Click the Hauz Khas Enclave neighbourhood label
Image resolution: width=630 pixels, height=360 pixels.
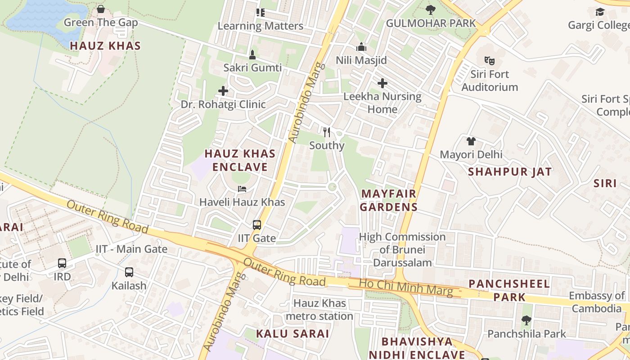(x=240, y=160)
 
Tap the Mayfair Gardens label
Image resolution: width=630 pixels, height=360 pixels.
(x=389, y=200)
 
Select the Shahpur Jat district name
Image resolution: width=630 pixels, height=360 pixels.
(x=509, y=171)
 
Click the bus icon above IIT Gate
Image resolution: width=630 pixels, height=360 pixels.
(x=257, y=225)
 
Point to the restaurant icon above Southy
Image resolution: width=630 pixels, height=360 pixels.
(x=327, y=132)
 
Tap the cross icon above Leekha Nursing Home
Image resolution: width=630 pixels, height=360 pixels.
(x=382, y=83)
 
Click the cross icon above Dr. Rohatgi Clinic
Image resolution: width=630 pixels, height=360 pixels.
(x=223, y=91)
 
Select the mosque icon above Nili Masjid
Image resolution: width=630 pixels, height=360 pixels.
(x=361, y=47)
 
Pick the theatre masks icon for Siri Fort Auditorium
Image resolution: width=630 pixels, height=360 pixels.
(x=489, y=60)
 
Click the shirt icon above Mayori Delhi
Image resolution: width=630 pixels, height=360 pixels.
(x=471, y=141)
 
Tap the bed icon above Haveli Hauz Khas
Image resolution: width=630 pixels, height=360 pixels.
(x=242, y=189)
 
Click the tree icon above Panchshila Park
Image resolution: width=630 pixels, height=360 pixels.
(x=526, y=320)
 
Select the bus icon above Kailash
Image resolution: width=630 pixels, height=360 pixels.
(x=129, y=272)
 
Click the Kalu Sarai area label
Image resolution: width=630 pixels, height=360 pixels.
(x=292, y=333)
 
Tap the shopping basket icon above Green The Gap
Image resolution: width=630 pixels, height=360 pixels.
(x=101, y=9)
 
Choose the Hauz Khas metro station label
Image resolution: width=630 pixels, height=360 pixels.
(x=319, y=310)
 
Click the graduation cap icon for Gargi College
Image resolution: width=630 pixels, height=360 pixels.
(x=600, y=12)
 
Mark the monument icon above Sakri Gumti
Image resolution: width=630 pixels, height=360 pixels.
(x=252, y=55)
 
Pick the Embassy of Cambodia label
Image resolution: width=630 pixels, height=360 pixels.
(x=597, y=302)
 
